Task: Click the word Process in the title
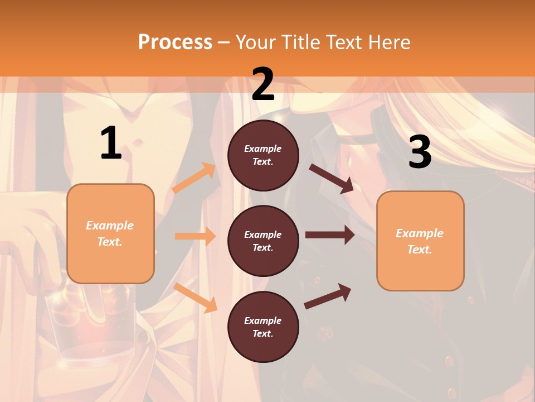175,42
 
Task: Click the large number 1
111,143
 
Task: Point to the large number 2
263,84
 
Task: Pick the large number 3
420,152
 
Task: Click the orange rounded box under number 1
110,233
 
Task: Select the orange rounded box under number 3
420,241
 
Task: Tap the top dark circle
263,155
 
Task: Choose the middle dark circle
263,241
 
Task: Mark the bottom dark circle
263,327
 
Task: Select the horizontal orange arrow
195,236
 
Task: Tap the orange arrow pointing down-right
195,298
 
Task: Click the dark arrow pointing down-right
332,178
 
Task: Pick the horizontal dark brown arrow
330,235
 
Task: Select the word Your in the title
254,42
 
